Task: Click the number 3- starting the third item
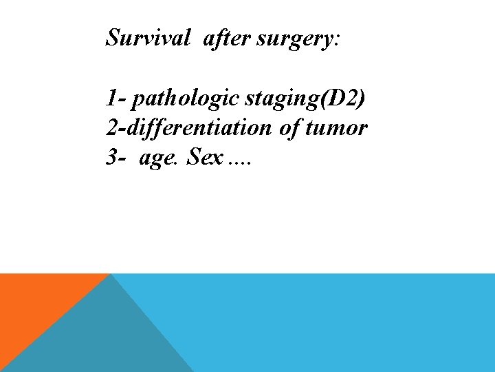pos(115,158)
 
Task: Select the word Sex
pos(205,158)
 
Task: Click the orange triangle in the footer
pos(34,303)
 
